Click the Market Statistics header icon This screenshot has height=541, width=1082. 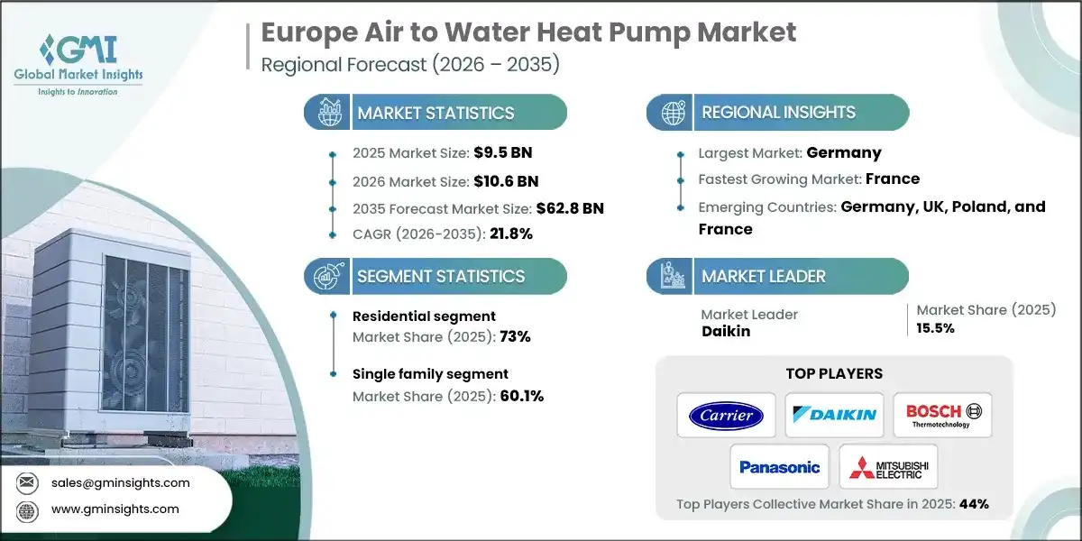[327, 113]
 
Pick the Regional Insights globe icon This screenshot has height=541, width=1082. [672, 113]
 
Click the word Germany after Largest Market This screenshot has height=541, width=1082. [844, 152]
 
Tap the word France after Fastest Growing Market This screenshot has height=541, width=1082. [894, 179]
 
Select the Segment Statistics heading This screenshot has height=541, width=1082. [441, 276]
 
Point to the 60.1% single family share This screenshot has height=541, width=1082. [521, 396]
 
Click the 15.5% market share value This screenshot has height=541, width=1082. [936, 328]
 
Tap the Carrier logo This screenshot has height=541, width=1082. [726, 415]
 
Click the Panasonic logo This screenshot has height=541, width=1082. [780, 466]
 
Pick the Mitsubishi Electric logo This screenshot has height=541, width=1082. [888, 466]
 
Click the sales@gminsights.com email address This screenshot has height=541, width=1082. [120, 482]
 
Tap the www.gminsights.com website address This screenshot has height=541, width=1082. [115, 509]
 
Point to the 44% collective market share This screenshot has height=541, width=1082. [973, 504]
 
